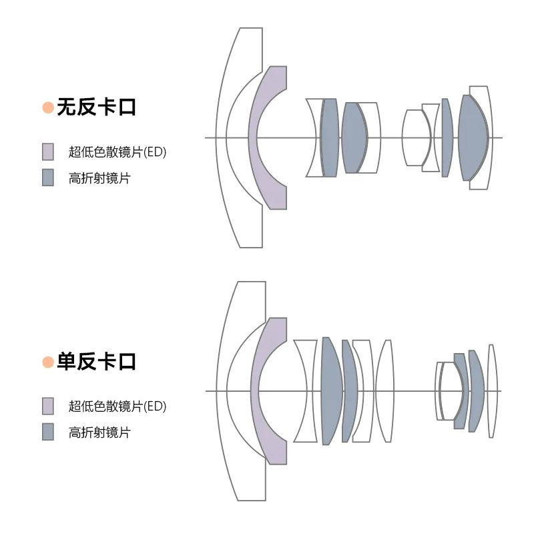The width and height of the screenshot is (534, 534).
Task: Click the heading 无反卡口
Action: point(96,107)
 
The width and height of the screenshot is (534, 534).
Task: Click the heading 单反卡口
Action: point(96,362)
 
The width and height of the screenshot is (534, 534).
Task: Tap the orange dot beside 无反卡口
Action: point(48,107)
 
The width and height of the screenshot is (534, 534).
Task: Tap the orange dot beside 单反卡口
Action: point(48,362)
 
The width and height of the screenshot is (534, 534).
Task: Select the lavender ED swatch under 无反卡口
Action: point(48,152)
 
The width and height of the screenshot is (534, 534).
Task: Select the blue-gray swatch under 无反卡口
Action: point(48,178)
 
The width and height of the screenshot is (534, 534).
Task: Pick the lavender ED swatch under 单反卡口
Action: point(48,406)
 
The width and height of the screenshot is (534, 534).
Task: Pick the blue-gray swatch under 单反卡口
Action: point(48,432)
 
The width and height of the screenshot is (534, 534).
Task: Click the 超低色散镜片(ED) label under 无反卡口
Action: point(117,152)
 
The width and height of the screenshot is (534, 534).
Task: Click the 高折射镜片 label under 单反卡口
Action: point(99,433)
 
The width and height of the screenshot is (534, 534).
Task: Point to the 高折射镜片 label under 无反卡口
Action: point(99,178)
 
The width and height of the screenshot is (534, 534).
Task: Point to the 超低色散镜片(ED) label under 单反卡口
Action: point(117,406)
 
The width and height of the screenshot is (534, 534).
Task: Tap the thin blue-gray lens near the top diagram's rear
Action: point(447,138)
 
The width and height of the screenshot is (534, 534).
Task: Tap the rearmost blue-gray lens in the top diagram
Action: point(473,138)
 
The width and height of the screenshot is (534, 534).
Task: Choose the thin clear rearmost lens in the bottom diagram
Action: point(491,391)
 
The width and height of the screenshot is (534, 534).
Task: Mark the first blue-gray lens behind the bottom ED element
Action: point(332,391)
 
